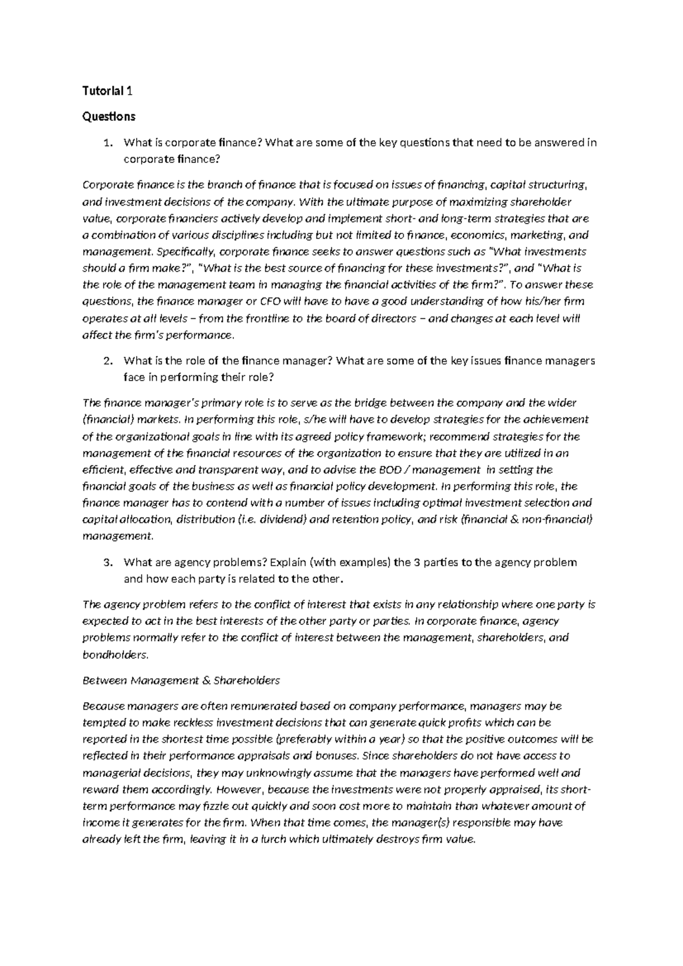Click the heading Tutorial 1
tap(108, 91)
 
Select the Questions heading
tap(109, 117)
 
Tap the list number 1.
tap(107, 143)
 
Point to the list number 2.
tap(107, 361)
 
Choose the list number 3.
tap(107, 563)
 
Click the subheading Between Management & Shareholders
tap(182, 681)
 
